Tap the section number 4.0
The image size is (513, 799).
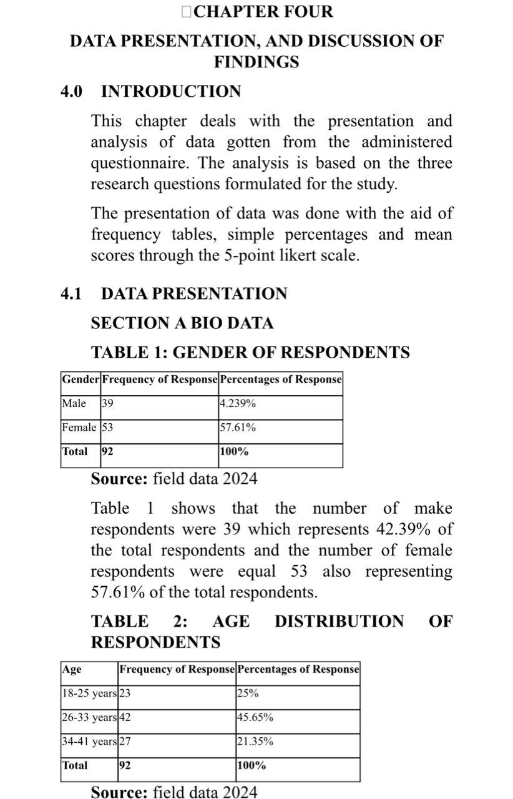(71, 92)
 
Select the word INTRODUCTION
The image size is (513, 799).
(171, 92)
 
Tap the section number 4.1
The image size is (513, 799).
(71, 293)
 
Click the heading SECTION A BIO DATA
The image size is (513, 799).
(182, 323)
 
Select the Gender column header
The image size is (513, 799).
(81, 379)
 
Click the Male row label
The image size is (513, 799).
(74, 403)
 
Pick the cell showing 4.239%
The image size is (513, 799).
(238, 403)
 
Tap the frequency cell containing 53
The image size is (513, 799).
(107, 428)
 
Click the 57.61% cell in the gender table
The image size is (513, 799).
(238, 428)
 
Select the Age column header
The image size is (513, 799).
(72, 669)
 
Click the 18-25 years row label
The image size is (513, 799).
(89, 694)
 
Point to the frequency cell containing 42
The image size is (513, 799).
(125, 718)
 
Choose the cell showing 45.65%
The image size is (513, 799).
(255, 718)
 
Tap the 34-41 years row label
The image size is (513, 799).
(89, 742)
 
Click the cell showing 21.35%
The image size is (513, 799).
(255, 742)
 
